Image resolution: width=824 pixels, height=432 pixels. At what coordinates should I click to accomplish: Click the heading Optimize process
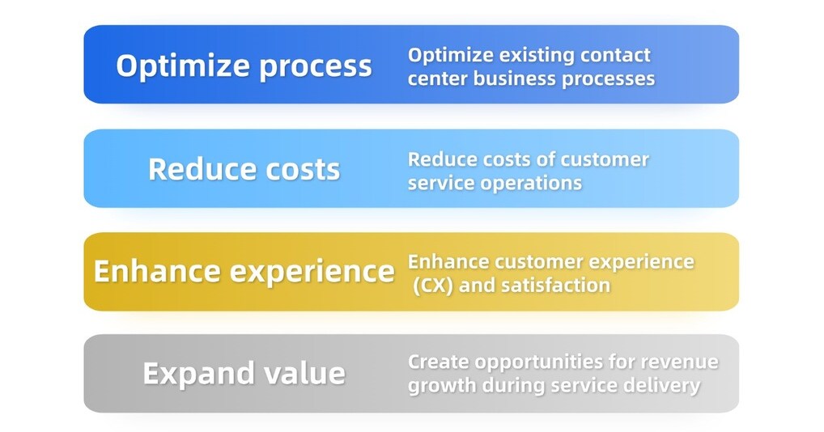[x=244, y=66]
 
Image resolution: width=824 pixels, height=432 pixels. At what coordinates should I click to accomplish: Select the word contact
[x=616, y=54]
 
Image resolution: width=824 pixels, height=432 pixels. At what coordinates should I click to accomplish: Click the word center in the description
[x=438, y=78]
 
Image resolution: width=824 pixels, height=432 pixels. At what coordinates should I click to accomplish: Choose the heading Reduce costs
[x=244, y=169]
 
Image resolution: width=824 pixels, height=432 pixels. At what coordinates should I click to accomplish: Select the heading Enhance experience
[x=244, y=271]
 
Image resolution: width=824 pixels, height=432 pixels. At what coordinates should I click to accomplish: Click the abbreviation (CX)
[x=433, y=286]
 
